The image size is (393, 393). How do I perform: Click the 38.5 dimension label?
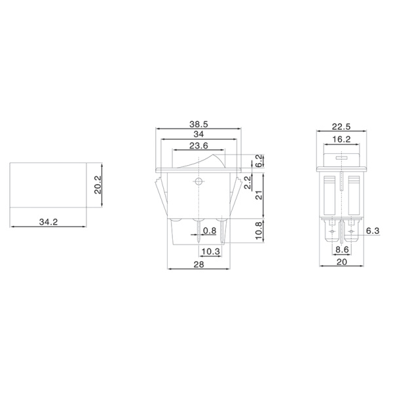[x=198, y=123]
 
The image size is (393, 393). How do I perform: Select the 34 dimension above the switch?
[x=198, y=135]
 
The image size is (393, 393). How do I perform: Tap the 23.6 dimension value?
[x=198, y=146]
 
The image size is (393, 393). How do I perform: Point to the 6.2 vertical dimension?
[x=259, y=160]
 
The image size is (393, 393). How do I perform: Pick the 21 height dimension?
[x=259, y=195]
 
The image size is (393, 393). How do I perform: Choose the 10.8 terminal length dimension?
[x=259, y=231]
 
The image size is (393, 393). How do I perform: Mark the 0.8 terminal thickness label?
[x=210, y=231]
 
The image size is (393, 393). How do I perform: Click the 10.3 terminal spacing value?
[x=211, y=252]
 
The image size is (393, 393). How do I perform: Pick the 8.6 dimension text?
[x=342, y=250]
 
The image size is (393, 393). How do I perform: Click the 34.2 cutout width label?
[x=48, y=223]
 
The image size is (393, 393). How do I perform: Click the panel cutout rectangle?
[x=48, y=185]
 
